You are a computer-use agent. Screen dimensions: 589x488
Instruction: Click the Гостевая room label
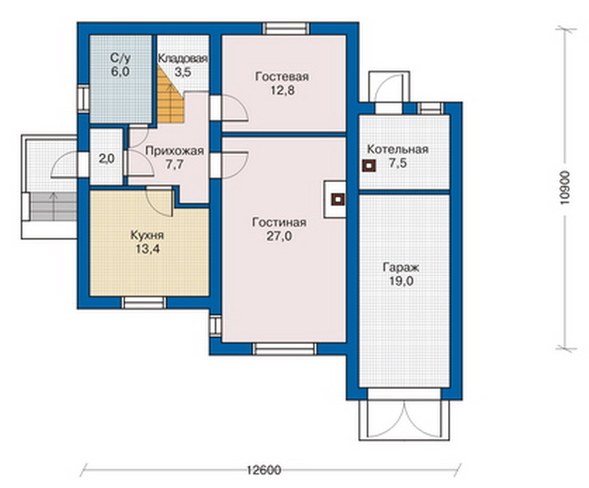pyautogui.click(x=282, y=76)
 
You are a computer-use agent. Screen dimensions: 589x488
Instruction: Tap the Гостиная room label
pyautogui.click(x=279, y=223)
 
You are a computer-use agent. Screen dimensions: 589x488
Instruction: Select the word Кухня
pyautogui.click(x=147, y=236)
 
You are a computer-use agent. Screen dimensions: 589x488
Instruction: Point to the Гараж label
pyautogui.click(x=401, y=268)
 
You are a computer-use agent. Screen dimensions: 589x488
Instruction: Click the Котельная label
pyautogui.click(x=398, y=149)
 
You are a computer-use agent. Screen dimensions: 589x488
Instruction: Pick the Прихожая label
pyautogui.click(x=175, y=151)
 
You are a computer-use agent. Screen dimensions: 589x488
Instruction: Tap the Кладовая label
pyautogui.click(x=183, y=58)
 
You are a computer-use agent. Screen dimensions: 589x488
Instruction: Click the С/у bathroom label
pyautogui.click(x=120, y=58)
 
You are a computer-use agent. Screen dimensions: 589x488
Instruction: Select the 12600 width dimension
pyautogui.click(x=264, y=470)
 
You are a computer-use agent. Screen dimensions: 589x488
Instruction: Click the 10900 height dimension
pyautogui.click(x=564, y=188)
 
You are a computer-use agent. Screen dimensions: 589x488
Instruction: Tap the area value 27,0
pyautogui.click(x=279, y=236)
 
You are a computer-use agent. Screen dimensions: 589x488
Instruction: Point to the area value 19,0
pyautogui.click(x=401, y=281)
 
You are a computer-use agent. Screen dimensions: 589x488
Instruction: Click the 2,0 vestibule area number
pyautogui.click(x=107, y=159)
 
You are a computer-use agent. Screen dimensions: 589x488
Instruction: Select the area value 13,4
pyautogui.click(x=148, y=249)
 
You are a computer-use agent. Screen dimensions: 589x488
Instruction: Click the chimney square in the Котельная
pyautogui.click(x=369, y=166)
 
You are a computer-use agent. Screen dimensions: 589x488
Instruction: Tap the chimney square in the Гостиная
pyautogui.click(x=338, y=200)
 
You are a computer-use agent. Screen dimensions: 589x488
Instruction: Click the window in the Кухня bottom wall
pyautogui.click(x=144, y=302)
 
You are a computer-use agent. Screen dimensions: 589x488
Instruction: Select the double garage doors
pyautogui.click(x=404, y=419)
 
